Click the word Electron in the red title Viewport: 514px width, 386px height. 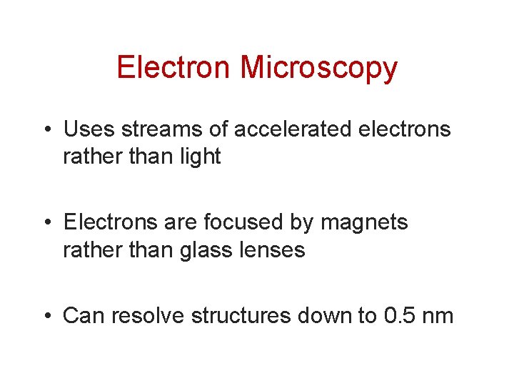[174, 68]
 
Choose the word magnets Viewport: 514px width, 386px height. [364, 224]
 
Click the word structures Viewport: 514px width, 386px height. [242, 315]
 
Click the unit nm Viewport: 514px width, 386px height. [436, 317]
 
